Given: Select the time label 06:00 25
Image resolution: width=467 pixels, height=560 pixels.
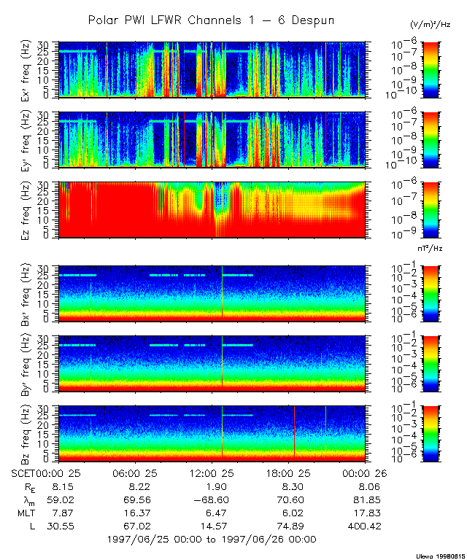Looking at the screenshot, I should point(138,473).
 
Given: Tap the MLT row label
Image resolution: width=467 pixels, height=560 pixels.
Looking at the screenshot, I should point(26,513).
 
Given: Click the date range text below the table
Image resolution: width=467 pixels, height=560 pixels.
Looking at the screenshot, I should point(211,540).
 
